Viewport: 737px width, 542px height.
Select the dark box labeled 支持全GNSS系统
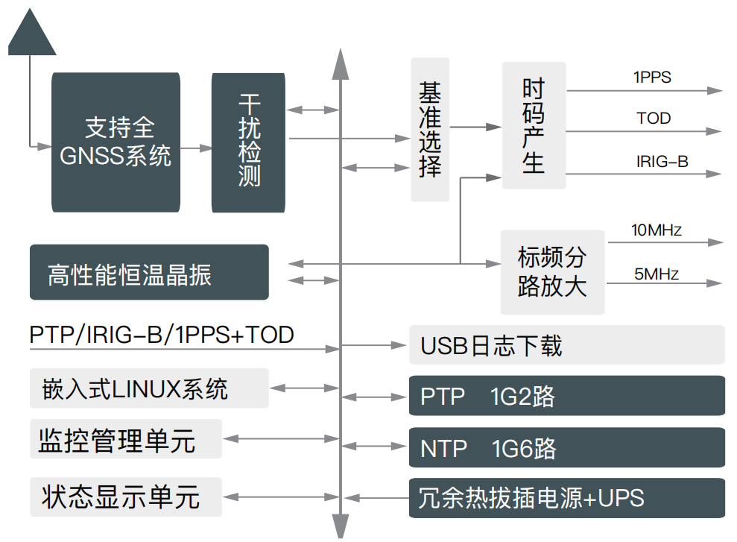click(x=116, y=142)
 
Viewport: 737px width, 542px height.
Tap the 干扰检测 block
click(x=248, y=142)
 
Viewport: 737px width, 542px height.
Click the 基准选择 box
click(x=430, y=129)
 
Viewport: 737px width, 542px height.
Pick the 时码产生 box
click(x=534, y=125)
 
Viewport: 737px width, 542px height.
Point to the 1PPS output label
click(x=652, y=77)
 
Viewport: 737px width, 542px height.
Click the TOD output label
click(x=654, y=119)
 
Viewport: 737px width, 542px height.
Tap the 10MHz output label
click(x=656, y=230)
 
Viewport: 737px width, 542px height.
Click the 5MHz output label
click(x=657, y=274)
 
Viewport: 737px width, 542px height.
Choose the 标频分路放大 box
click(x=552, y=271)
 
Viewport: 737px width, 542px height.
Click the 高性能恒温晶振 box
click(x=149, y=272)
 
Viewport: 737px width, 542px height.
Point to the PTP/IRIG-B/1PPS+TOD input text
click(x=162, y=335)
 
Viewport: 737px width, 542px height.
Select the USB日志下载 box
click(x=566, y=345)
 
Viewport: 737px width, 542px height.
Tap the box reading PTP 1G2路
click(x=566, y=396)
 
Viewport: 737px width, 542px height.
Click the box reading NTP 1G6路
click(x=566, y=447)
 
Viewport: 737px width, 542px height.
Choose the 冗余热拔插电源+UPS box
click(x=566, y=497)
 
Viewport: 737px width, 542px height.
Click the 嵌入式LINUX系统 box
click(x=149, y=388)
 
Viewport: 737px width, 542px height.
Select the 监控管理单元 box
click(x=126, y=439)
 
